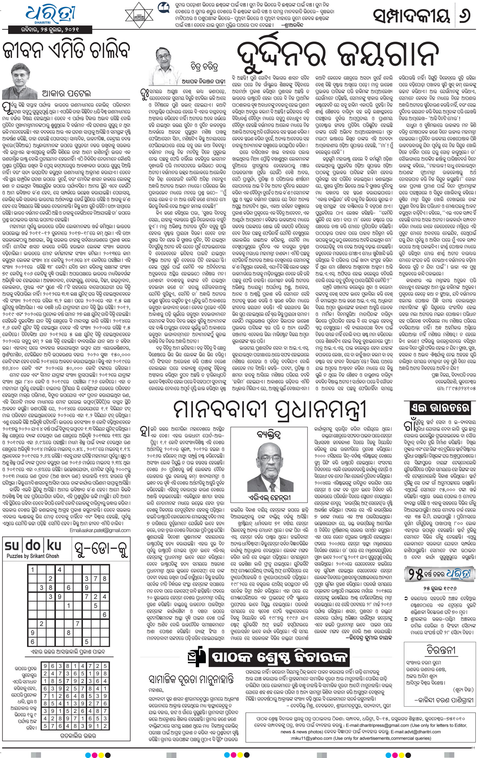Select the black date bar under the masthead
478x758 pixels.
click(48, 30)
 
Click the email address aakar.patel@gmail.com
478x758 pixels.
click(100, 531)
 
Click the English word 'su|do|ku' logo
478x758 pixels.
click(33, 546)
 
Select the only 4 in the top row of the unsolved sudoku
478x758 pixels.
click(60, 570)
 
